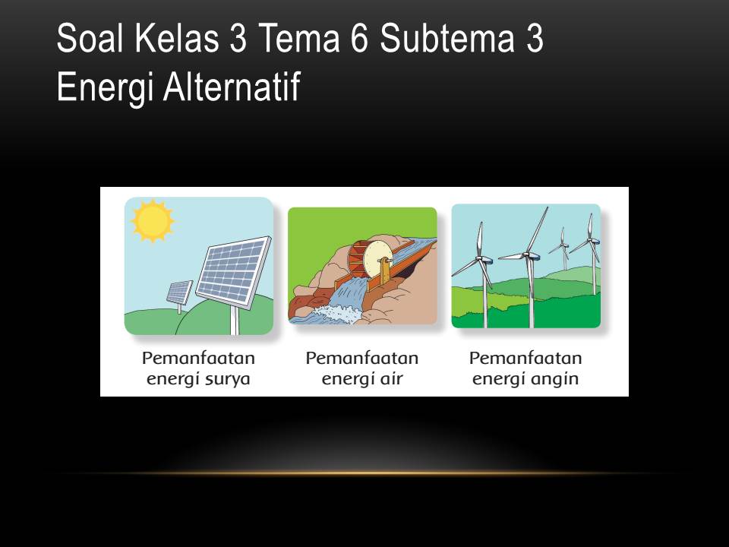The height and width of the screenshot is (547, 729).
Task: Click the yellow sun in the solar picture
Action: coord(152,220)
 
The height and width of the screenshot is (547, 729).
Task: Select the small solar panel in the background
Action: coord(180,291)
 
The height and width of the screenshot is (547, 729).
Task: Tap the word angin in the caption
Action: coord(551,378)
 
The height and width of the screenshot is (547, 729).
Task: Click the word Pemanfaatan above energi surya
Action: coord(198,358)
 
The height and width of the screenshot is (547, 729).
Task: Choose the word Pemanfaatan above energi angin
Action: coord(525,358)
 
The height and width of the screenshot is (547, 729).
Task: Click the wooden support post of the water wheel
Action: coord(383,270)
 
